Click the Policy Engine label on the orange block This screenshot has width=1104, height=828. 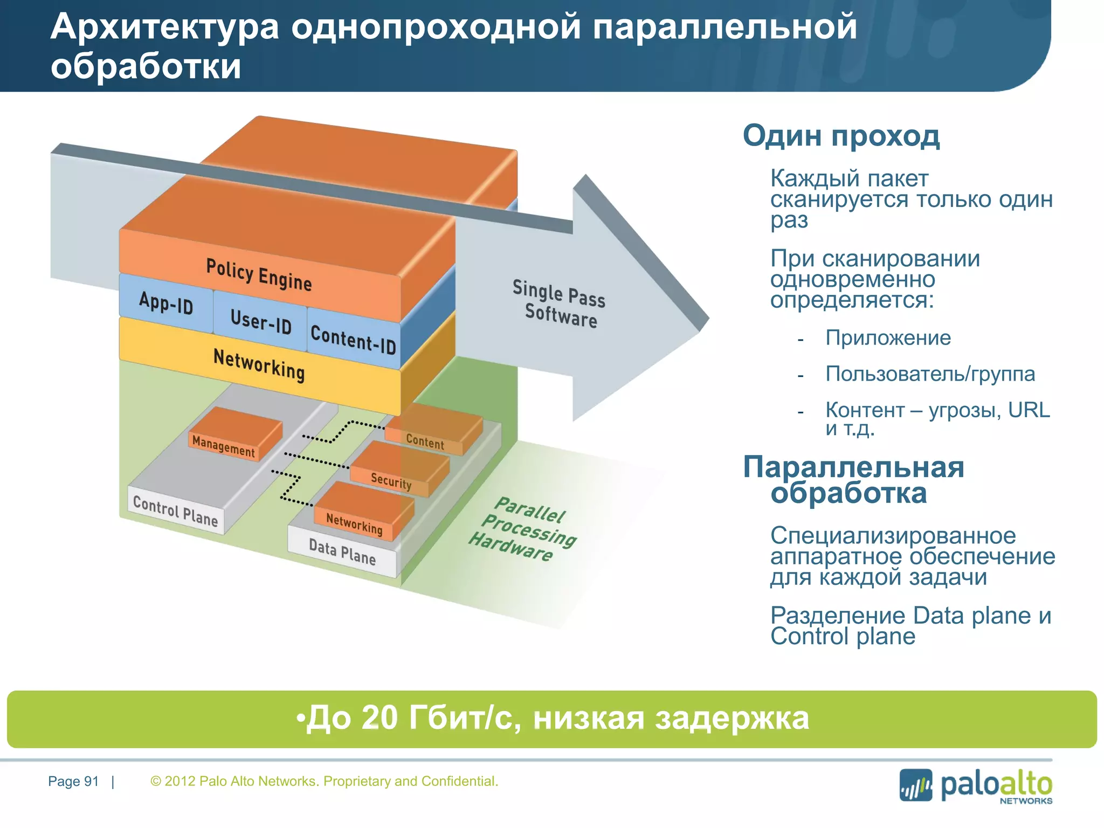(259, 275)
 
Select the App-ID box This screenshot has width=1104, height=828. (166, 303)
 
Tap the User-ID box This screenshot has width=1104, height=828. (261, 321)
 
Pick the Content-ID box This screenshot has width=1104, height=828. (354, 340)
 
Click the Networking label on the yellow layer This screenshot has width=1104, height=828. (259, 365)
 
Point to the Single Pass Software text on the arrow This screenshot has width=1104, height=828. (559, 303)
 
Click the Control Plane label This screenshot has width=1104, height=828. (176, 511)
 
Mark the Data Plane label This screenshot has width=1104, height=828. (342, 552)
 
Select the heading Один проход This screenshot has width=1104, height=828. (841, 136)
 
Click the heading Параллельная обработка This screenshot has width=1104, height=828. (853, 480)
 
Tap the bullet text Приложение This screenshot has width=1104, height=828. (888, 338)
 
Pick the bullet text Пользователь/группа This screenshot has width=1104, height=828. (930, 374)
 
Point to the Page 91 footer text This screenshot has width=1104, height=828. (73, 781)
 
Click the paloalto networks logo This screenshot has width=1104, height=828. (976, 786)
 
